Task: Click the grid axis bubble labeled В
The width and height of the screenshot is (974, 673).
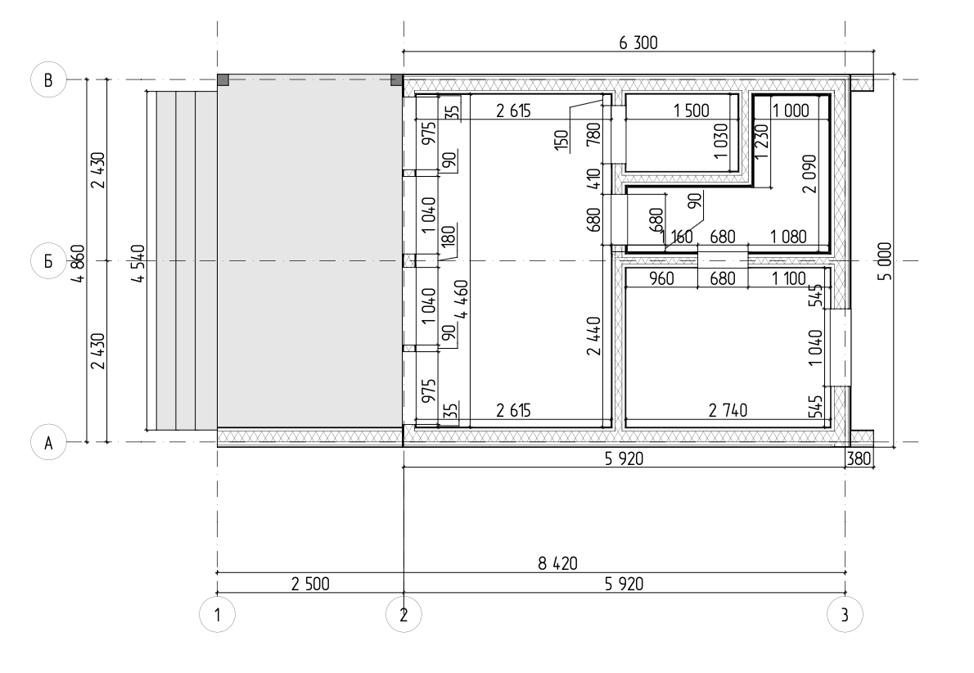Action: (x=48, y=79)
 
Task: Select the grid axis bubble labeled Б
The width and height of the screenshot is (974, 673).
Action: (x=48, y=261)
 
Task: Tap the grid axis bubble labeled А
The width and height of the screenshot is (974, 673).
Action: (x=48, y=442)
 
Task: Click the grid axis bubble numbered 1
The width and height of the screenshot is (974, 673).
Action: (x=218, y=615)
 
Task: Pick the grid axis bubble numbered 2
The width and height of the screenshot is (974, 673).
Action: (x=404, y=615)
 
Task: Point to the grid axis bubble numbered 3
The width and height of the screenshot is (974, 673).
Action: (x=845, y=615)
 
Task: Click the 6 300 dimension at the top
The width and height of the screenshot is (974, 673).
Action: (x=638, y=43)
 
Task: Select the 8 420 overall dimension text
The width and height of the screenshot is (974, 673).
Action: (x=557, y=563)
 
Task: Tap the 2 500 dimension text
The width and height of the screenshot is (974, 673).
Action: (x=310, y=584)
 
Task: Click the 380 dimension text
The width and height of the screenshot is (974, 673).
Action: (x=859, y=458)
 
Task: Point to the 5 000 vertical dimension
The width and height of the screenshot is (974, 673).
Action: (x=885, y=261)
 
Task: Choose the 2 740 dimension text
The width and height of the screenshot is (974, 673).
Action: (x=728, y=410)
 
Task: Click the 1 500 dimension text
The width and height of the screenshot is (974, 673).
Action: (x=692, y=111)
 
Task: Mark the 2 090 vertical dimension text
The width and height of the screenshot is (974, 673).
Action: (x=809, y=174)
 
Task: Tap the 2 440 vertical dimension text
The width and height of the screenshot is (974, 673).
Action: (x=594, y=336)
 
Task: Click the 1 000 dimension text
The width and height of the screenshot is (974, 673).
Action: (x=791, y=111)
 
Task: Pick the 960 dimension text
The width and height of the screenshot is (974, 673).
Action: (x=661, y=278)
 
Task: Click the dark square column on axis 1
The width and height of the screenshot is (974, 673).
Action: (x=223, y=79)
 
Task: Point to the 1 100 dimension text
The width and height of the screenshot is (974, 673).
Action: (x=789, y=278)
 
